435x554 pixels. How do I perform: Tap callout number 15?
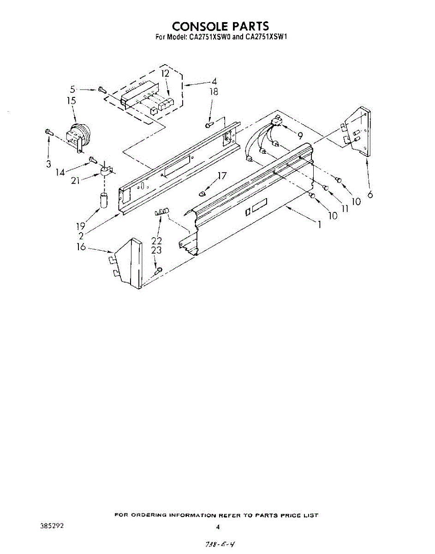coord(71,101)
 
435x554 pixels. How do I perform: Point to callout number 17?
coord(222,175)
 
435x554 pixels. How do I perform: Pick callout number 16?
coord(81,247)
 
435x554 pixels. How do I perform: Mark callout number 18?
coord(214,91)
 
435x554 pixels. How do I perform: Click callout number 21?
coord(76,181)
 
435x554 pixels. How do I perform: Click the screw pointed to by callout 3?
coord(48,132)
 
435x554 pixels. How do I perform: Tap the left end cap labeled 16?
coord(128,264)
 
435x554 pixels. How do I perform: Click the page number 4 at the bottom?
coord(218,526)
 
